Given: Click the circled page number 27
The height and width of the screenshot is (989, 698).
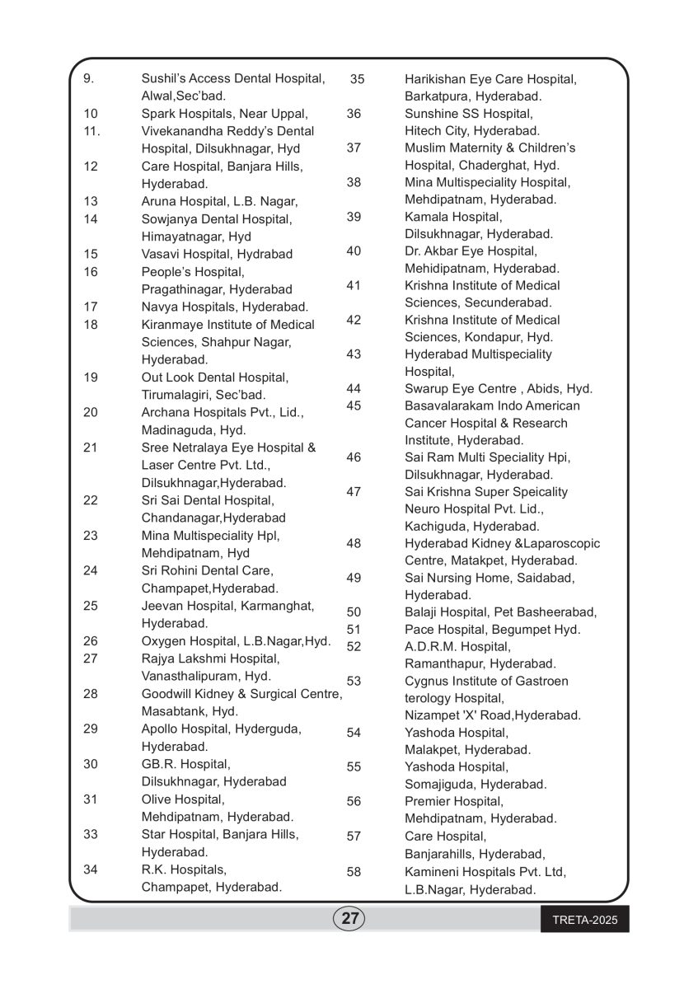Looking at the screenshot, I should (349, 918).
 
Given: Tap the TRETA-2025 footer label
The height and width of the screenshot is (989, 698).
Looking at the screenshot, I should (584, 919).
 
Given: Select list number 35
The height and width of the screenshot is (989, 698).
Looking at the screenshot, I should (357, 79).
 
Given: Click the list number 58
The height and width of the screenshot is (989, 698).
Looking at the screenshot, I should (354, 871).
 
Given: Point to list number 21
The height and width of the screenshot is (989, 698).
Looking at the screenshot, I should (91, 448).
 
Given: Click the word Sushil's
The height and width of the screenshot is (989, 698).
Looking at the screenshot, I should (163, 78).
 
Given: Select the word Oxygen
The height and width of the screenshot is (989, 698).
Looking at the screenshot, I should (162, 640).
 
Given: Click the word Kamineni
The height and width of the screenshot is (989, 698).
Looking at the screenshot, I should (432, 871).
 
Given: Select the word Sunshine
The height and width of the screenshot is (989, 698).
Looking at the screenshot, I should (429, 114).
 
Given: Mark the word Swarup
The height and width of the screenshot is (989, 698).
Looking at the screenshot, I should (425, 388).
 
